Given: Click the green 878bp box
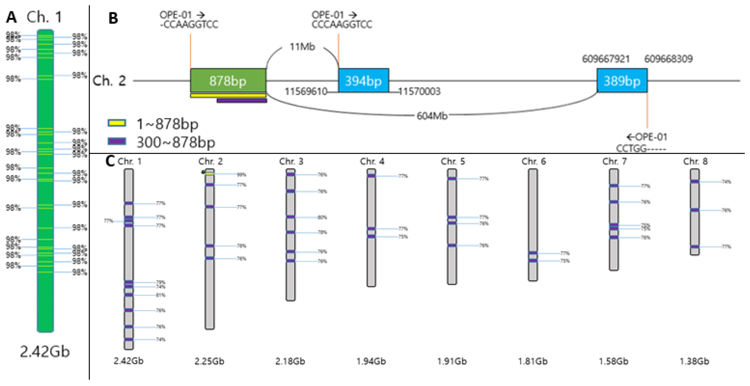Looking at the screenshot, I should pyautogui.click(x=228, y=81).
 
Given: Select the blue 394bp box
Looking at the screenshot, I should pyautogui.click(x=363, y=81).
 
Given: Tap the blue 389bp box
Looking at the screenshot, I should pyautogui.click(x=622, y=81).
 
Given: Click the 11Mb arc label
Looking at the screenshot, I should pyautogui.click(x=302, y=47).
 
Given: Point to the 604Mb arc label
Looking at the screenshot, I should pyautogui.click(x=432, y=116).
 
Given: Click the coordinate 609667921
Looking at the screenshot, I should pyautogui.click(x=606, y=59).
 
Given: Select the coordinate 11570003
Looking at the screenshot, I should pyautogui.click(x=419, y=92).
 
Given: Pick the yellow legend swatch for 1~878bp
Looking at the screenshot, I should pyautogui.click(x=117, y=123).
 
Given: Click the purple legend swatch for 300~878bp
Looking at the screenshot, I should pyautogui.click(x=117, y=141).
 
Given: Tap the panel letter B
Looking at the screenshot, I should pyautogui.click(x=113, y=18).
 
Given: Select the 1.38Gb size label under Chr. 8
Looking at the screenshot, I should pyautogui.click(x=695, y=361).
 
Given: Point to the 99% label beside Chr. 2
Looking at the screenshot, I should pyautogui.click(x=241, y=175).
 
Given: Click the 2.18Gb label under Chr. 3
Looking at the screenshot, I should pyautogui.click(x=290, y=361).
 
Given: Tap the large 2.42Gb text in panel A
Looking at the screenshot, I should pyautogui.click(x=45, y=351).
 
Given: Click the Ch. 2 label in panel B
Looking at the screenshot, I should pyautogui.click(x=109, y=81).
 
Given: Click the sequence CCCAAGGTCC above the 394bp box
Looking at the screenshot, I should pyautogui.click(x=342, y=25).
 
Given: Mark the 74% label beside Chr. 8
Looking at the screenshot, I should pyautogui.click(x=726, y=182).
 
